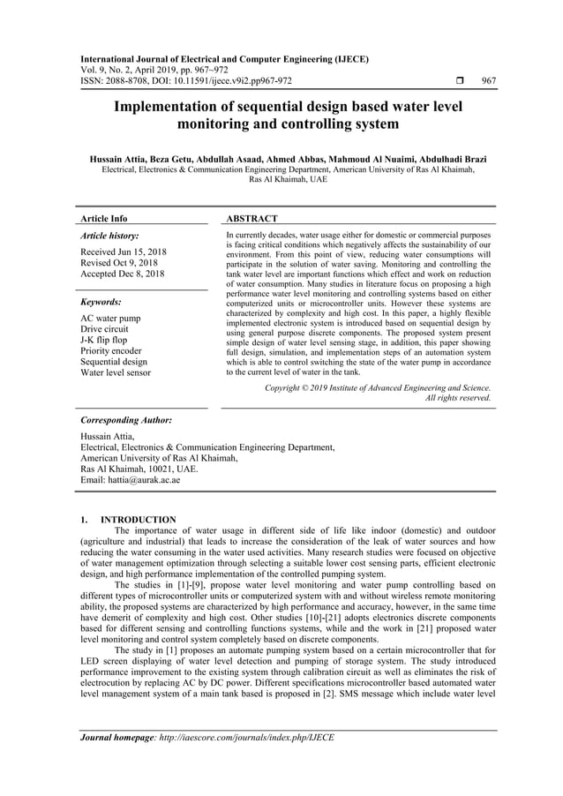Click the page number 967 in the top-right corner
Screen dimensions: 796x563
(488, 80)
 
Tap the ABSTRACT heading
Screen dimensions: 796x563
(251, 218)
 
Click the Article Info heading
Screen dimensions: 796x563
(103, 218)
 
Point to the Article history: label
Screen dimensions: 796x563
(109, 237)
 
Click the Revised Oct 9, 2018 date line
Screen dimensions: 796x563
(119, 263)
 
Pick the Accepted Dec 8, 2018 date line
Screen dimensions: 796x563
(122, 274)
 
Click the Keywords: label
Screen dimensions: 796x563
(101, 301)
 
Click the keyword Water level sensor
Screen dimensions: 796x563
(116, 372)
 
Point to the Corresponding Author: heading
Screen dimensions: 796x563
(125, 421)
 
